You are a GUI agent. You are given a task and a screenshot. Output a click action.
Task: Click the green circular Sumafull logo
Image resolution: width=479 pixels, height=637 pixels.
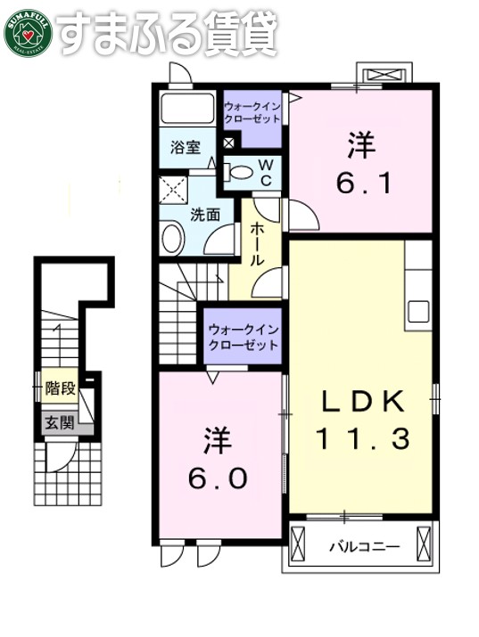point(29,32)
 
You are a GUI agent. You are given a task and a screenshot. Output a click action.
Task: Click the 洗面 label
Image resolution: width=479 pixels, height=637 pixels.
point(203,214)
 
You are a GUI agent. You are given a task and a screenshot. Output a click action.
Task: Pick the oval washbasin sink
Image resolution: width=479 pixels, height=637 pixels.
point(173,239)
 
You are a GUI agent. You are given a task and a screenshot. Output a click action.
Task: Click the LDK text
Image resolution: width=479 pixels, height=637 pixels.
point(363,402)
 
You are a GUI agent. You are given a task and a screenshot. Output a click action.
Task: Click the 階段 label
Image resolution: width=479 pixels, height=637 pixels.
point(60,388)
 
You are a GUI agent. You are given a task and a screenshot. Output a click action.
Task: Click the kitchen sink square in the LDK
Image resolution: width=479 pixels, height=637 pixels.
point(418,313)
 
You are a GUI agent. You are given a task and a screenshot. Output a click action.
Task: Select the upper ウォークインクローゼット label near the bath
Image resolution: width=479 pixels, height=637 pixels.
point(252,113)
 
